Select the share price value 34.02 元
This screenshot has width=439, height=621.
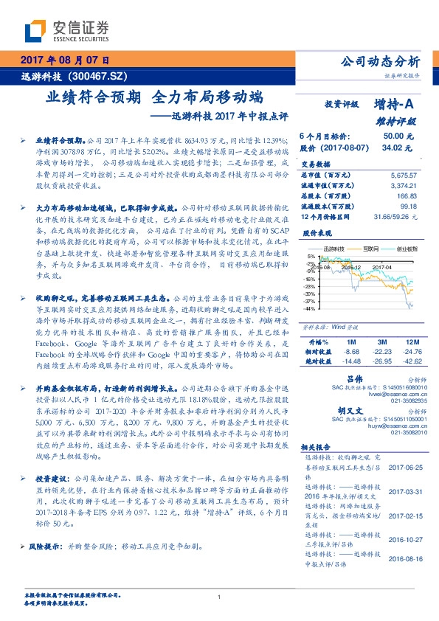coord(398,148)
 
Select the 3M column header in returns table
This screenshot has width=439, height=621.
coord(381,342)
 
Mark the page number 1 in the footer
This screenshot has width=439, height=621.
coord(220,597)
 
